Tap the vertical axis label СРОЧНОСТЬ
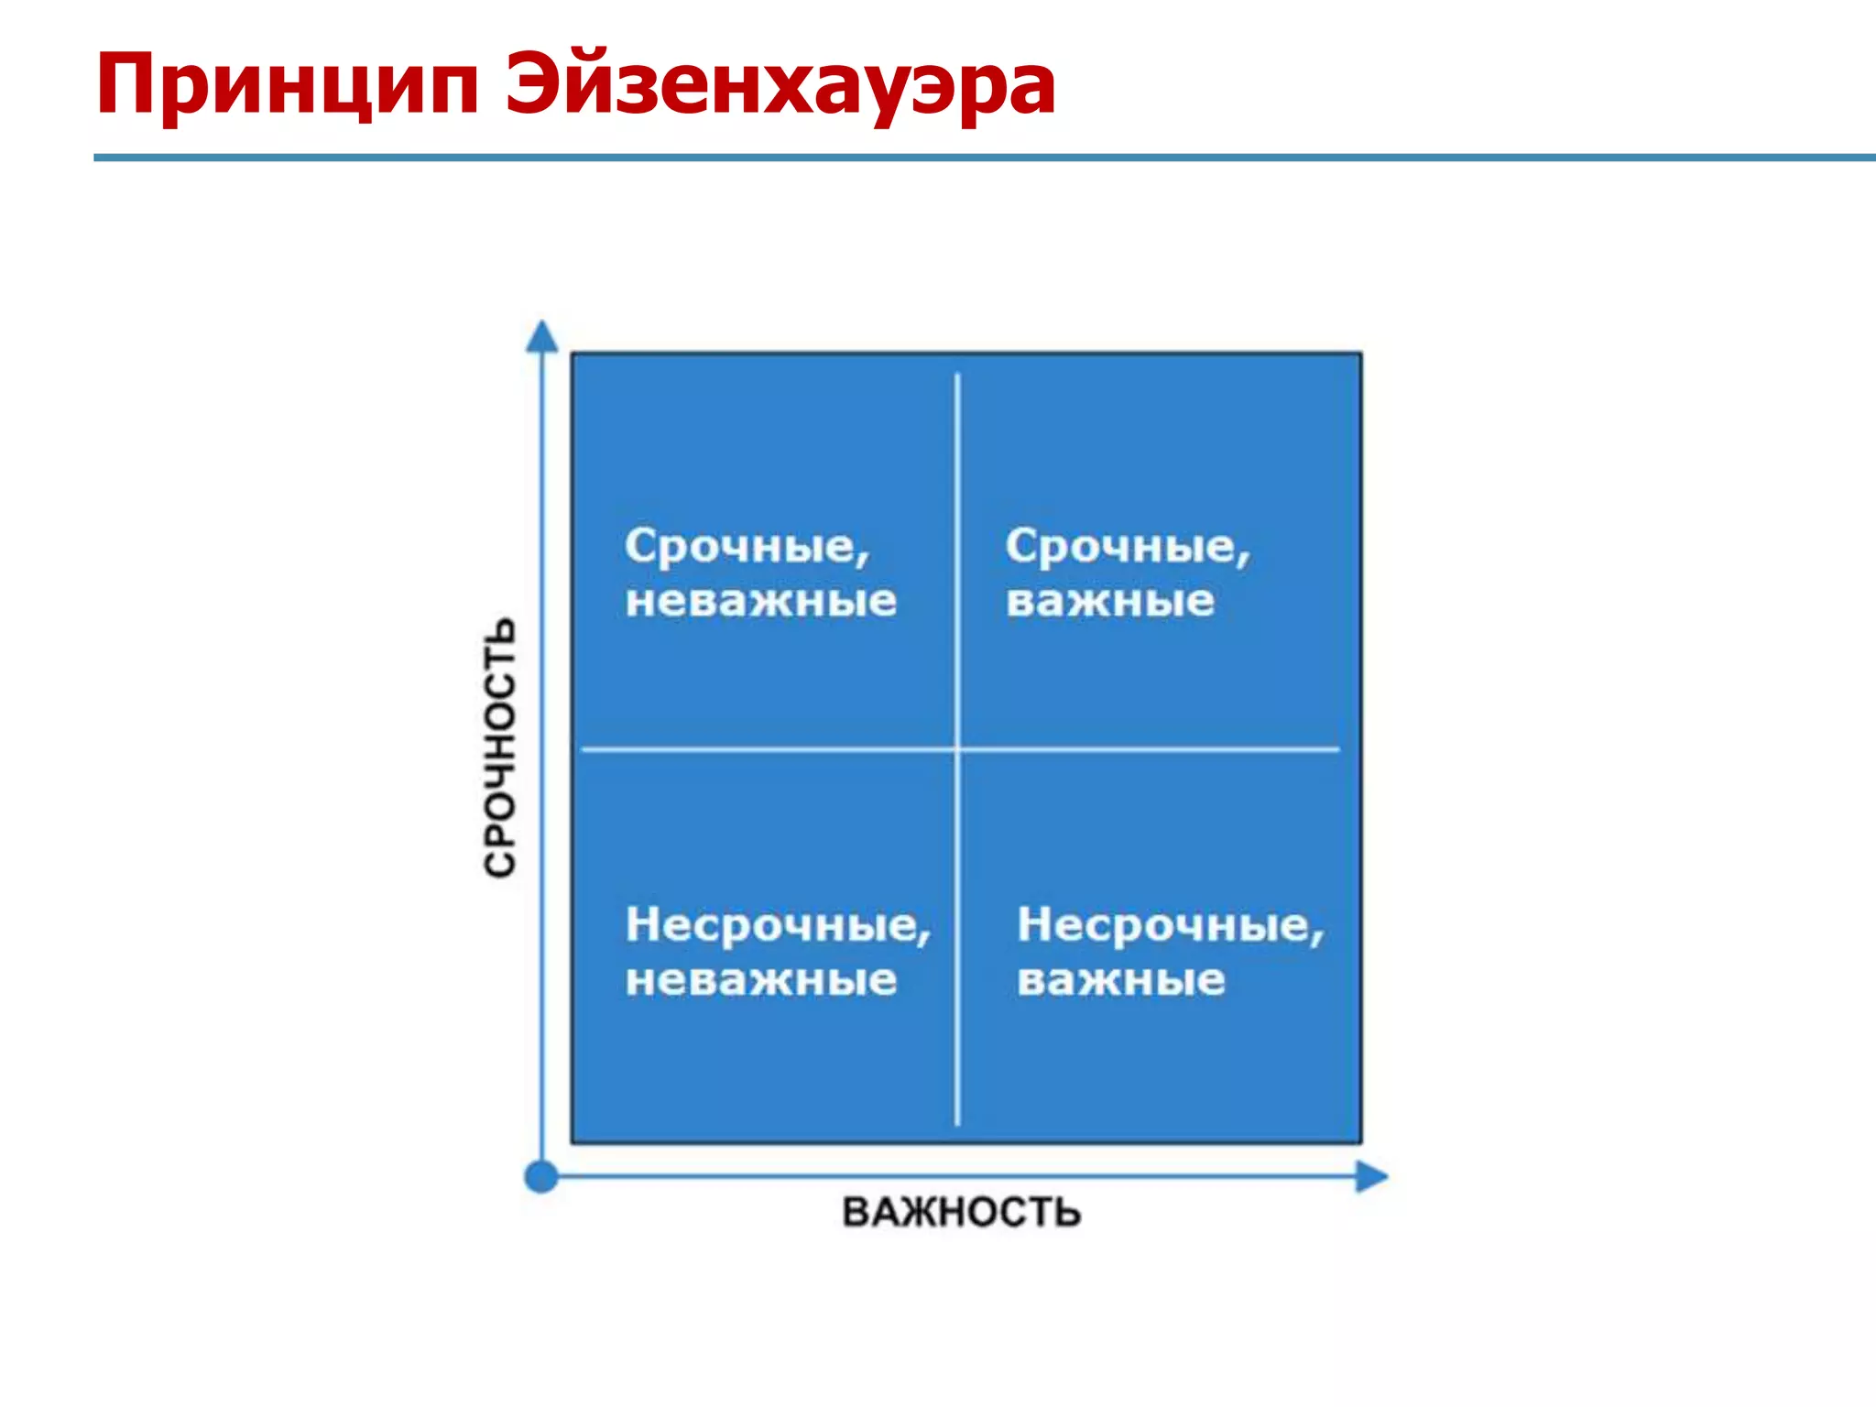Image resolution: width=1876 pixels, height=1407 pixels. [500, 747]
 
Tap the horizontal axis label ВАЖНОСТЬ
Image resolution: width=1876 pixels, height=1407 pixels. [961, 1212]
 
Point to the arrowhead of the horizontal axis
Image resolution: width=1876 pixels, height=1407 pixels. [1371, 1176]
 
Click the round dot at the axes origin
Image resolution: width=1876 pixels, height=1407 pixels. [541, 1176]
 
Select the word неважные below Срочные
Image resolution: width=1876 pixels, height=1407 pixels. [760, 602]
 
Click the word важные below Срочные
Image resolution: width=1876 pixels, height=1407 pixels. [1110, 602]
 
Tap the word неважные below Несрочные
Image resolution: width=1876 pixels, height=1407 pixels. [760, 980]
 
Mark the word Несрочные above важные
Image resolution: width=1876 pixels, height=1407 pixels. [1166, 925]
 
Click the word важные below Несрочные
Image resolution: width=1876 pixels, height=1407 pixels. [1120, 980]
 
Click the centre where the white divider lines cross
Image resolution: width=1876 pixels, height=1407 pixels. [957, 749]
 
